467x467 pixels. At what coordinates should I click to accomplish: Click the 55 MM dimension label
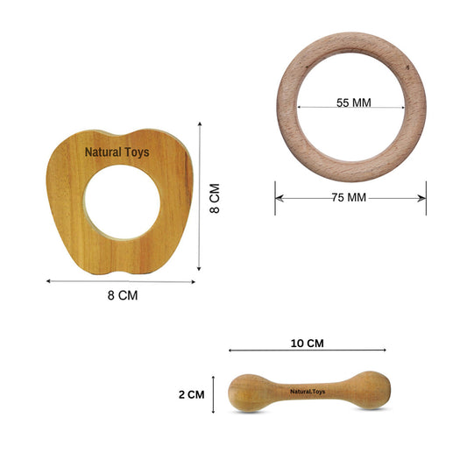pos(353,103)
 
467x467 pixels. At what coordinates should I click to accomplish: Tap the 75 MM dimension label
pos(349,197)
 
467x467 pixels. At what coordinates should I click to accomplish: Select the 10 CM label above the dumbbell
pos(307,343)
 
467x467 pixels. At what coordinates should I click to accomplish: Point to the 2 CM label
pos(192,394)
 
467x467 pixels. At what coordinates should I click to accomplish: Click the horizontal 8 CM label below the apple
pos(123,295)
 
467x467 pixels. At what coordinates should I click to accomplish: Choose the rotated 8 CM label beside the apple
pos(215,198)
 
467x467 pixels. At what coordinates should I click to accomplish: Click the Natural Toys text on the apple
pos(117,152)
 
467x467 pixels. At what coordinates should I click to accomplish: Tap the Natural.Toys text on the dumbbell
pos(308,392)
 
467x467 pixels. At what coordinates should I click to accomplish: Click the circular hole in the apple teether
pos(123,202)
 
